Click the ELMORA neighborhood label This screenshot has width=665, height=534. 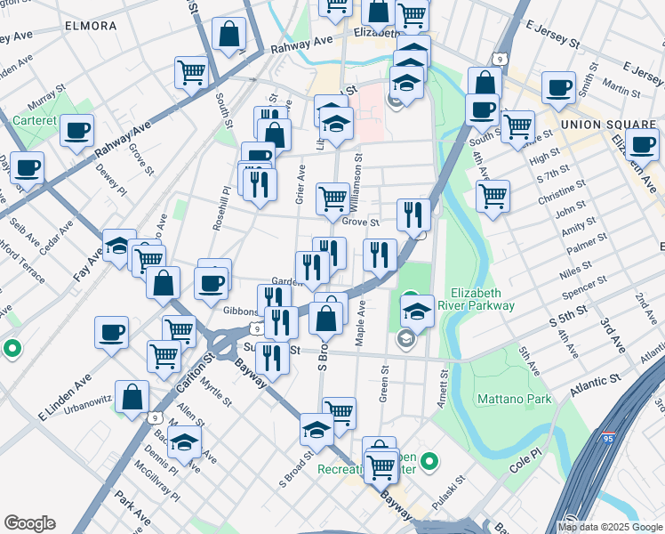pos(90,26)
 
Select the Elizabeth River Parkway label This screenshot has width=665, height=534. pos(483,299)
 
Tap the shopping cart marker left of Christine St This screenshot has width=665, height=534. pos(492,194)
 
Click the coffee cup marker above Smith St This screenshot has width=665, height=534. pos(559,87)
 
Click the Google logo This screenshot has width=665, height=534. pos(30,523)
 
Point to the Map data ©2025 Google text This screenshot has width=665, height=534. pos(609,526)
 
